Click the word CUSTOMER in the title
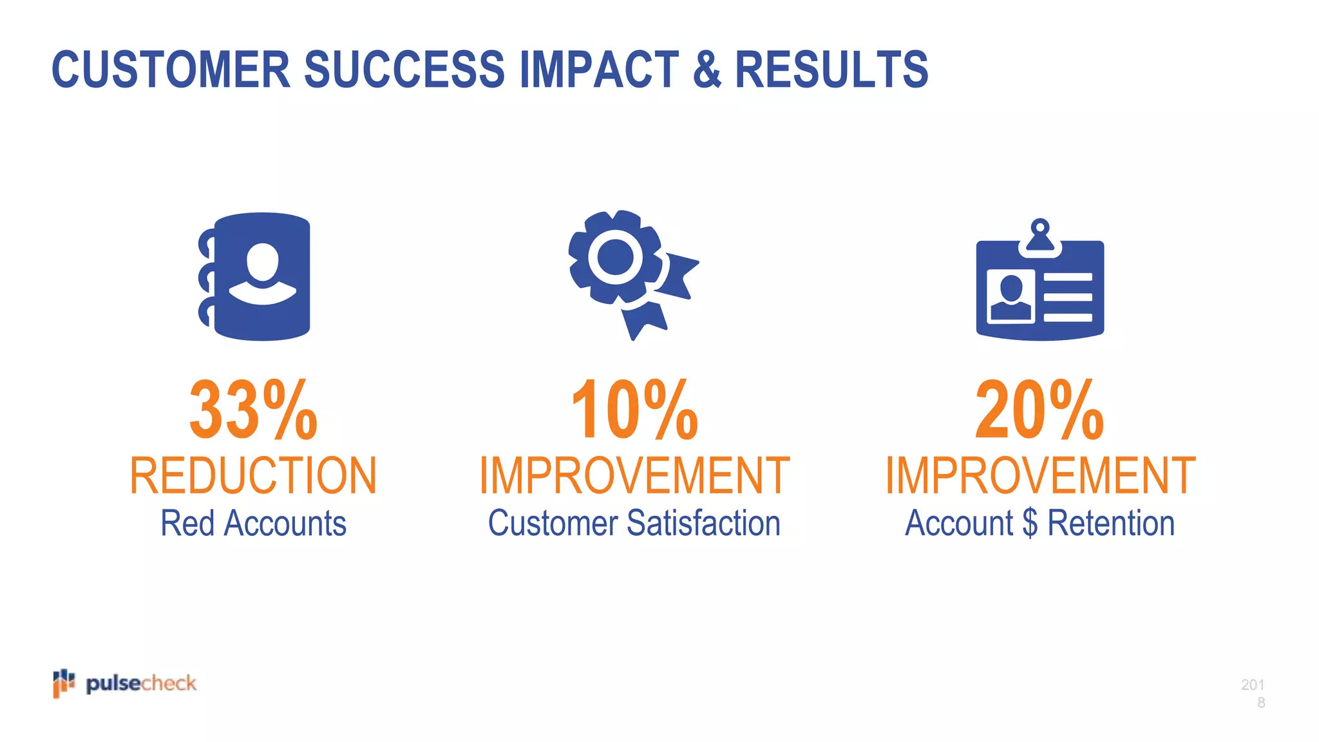[x=171, y=70]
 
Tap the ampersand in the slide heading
[x=707, y=70]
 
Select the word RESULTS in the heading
[x=831, y=70]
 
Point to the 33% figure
[x=253, y=410]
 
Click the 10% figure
[x=634, y=410]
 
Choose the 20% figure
[x=1039, y=410]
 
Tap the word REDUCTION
[x=253, y=476]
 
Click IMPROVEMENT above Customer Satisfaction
[x=634, y=476]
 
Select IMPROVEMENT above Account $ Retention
[x=1039, y=476]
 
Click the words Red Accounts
[x=253, y=523]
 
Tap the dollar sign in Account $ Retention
[x=1030, y=523]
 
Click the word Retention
[x=1111, y=523]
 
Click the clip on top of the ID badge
[x=1039, y=236]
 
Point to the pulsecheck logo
[x=125, y=683]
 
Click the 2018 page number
[x=1253, y=693]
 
